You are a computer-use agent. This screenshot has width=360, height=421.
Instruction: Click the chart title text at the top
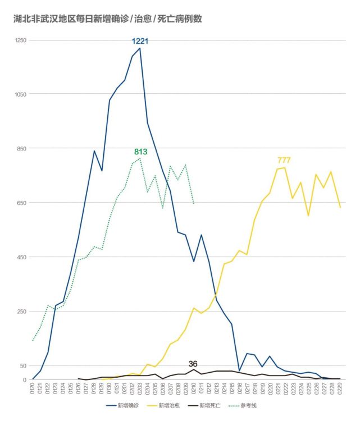(108, 19)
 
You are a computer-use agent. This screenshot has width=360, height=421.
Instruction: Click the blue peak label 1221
(140, 42)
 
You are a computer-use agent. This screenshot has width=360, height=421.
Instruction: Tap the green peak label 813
(141, 152)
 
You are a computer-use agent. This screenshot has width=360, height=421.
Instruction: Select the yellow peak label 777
(284, 161)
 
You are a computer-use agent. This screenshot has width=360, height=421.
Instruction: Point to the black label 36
(193, 364)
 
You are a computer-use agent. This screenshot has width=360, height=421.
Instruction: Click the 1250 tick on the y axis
(21, 40)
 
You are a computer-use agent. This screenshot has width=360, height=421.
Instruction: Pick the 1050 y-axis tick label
(21, 94)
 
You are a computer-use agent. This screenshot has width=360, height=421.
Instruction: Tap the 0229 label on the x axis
(340, 388)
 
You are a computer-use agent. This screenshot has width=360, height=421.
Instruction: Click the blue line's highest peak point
(139, 48)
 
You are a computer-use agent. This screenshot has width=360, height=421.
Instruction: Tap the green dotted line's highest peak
(139, 158)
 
